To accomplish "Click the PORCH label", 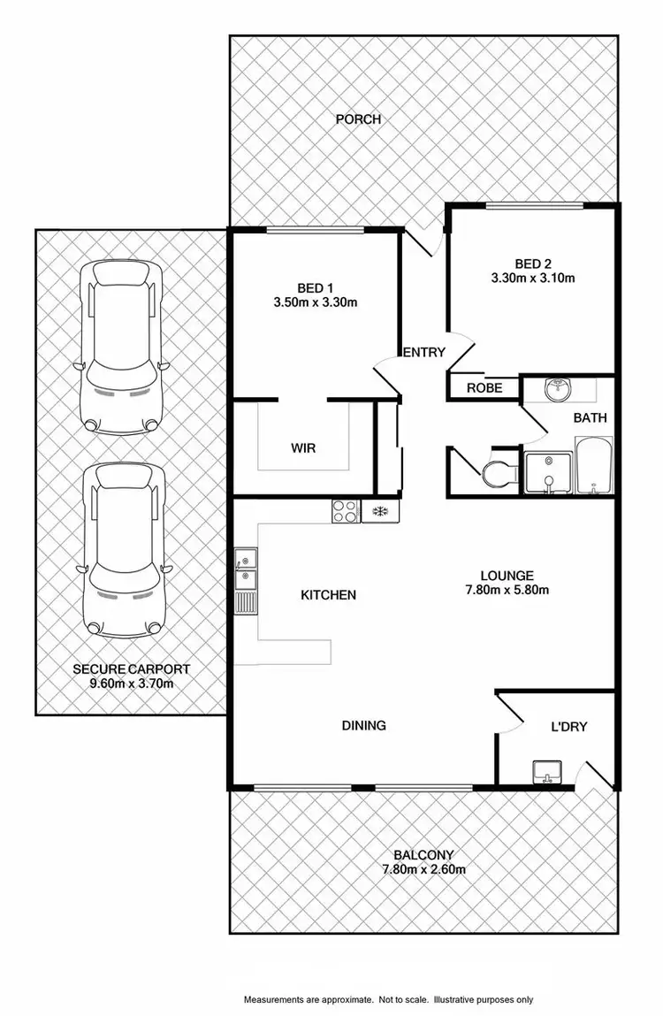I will (359, 118).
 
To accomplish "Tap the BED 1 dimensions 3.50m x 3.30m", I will (316, 302).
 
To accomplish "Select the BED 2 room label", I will (533, 263).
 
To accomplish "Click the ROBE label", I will (484, 387).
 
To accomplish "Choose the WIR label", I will (303, 448).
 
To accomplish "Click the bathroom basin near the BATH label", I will (557, 388).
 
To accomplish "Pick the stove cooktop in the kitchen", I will (345, 511).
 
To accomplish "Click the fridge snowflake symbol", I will (380, 511).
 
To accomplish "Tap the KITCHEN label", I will (328, 595).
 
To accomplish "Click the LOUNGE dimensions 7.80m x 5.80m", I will (508, 590).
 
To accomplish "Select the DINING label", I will (364, 725).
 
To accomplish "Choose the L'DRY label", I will (569, 727).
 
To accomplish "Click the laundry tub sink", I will (549, 772).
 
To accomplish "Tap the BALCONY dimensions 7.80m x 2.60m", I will (424, 868).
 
